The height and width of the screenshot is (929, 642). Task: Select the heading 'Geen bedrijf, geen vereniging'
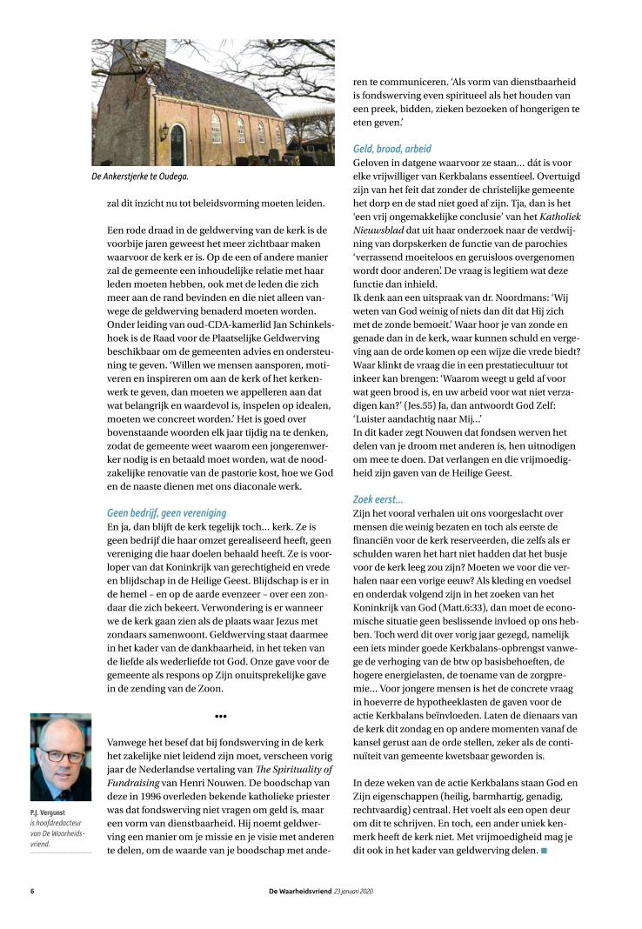(165, 513)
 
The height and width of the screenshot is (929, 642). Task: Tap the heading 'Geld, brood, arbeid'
(391, 149)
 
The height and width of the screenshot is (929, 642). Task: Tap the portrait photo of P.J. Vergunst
(60, 757)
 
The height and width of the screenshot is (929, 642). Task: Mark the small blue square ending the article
(544, 850)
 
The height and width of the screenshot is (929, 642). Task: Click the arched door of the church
(177, 144)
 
